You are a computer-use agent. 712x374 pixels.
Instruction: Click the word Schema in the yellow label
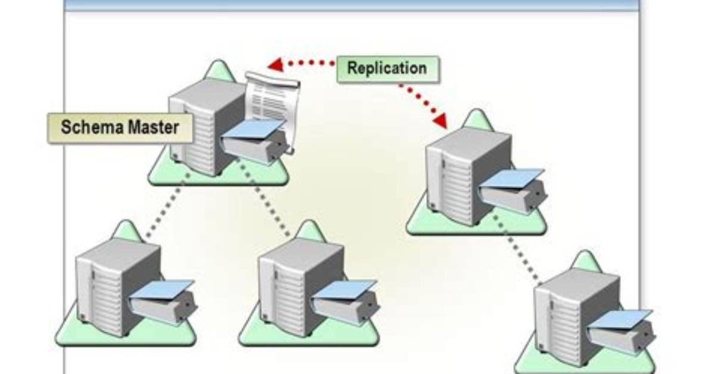pyautogui.click(x=87, y=127)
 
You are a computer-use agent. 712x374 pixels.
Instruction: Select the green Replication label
pyautogui.click(x=388, y=69)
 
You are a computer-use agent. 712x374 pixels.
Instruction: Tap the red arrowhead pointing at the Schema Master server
pyautogui.click(x=276, y=65)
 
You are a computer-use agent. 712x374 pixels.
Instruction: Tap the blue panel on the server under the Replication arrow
pyautogui.click(x=513, y=178)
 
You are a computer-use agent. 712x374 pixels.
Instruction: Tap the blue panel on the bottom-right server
pyautogui.click(x=621, y=320)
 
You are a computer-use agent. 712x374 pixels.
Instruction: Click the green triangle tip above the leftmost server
pyautogui.click(x=127, y=223)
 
